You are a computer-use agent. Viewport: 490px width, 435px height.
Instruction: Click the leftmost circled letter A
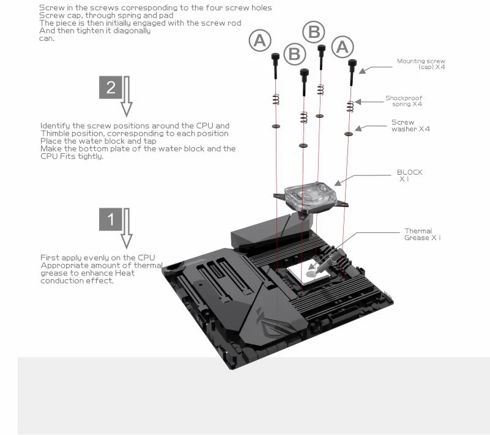[x=260, y=41]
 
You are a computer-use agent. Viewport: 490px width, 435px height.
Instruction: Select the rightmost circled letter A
[x=342, y=46]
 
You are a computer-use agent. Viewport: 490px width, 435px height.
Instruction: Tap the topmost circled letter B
[x=314, y=31]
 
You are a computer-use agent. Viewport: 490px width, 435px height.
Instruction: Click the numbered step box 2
[x=111, y=87]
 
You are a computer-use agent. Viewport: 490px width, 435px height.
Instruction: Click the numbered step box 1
[x=111, y=219]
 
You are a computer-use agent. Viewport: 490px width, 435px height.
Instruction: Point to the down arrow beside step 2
[x=127, y=96]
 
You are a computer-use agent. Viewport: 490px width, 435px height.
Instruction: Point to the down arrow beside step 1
[x=127, y=228]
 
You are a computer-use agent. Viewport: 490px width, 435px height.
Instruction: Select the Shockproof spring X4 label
[x=404, y=101]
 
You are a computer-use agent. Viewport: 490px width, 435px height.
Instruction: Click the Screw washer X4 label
[x=410, y=126]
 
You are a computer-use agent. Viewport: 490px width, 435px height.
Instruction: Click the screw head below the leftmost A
[x=275, y=56]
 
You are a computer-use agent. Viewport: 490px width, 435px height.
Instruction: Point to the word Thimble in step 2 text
[x=56, y=133]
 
